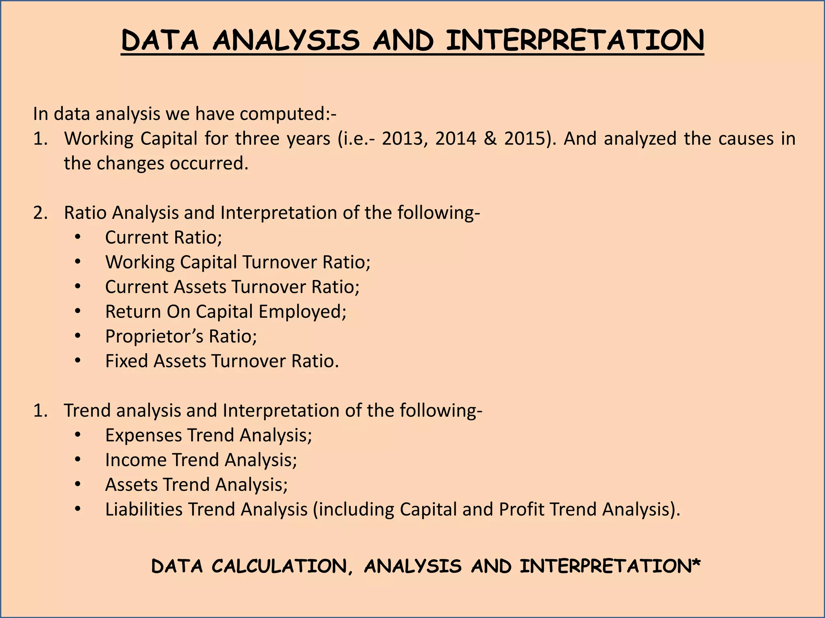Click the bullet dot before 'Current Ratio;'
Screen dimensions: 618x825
78,238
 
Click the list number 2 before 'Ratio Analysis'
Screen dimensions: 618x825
40,213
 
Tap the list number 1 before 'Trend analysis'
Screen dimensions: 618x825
40,411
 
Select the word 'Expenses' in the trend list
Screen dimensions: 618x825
143,435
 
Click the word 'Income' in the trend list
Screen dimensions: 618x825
136,460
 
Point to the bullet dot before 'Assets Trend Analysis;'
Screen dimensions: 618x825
78,485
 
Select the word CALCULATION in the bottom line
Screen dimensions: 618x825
279,566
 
